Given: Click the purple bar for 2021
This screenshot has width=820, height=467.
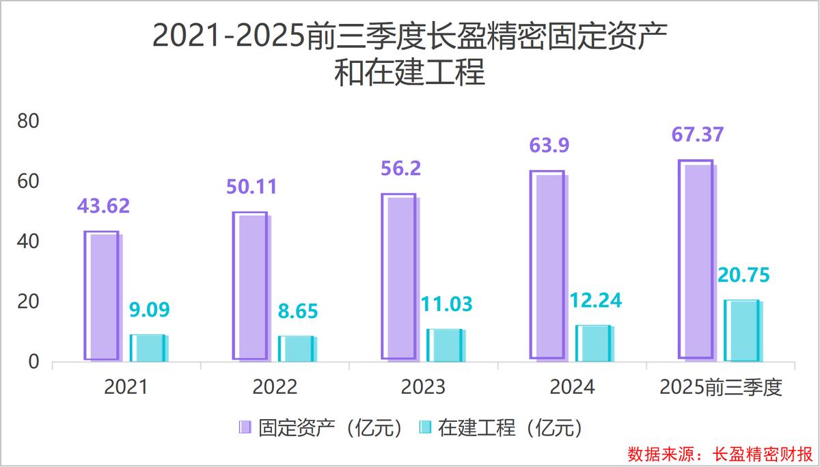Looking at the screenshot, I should click(102, 295).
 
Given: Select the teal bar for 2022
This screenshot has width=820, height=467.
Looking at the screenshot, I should click(297, 348).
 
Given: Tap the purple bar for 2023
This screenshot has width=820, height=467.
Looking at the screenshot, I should click(399, 276).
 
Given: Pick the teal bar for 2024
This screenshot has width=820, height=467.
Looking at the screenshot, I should click(594, 343).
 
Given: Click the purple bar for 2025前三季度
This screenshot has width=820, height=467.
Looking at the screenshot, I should click(696, 259).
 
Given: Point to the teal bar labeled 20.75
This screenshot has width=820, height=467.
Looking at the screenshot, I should click(742, 330).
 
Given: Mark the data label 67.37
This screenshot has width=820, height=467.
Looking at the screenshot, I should click(696, 135).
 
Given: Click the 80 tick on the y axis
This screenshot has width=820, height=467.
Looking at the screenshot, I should click(29, 122).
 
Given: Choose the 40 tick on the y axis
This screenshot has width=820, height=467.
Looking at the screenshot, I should click(29, 241).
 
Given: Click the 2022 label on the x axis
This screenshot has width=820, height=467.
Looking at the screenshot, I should click(275, 388).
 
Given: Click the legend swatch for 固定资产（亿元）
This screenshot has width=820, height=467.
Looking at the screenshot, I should click(245, 428).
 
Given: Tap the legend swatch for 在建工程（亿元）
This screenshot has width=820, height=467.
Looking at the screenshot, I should click(424, 428).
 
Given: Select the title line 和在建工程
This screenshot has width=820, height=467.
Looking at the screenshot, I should click(409, 72).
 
